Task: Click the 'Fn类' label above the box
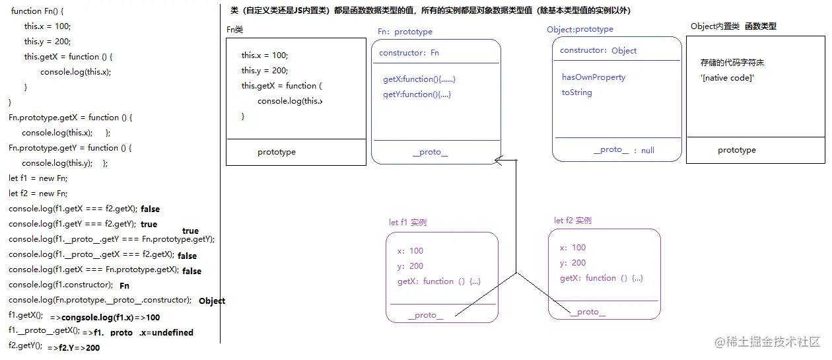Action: click(235, 29)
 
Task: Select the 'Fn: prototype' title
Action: click(405, 32)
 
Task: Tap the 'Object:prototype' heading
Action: click(580, 29)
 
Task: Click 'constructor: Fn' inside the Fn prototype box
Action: click(409, 53)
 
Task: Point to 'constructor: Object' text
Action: click(598, 51)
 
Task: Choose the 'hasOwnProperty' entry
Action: click(593, 77)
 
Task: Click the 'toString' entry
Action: click(576, 92)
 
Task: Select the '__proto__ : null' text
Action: click(623, 150)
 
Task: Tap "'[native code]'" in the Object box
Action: click(727, 78)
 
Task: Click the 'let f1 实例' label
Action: click(407, 223)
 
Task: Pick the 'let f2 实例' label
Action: click(572, 221)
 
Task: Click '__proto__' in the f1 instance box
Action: click(425, 315)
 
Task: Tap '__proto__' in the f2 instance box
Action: click(588, 312)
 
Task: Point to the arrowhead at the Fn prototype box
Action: click(499, 159)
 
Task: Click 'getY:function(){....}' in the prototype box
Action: click(417, 94)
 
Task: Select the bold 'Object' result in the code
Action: click(212, 301)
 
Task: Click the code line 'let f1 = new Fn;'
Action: click(38, 178)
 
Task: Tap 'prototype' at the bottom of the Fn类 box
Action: click(277, 152)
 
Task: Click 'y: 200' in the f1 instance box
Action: click(410, 266)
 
